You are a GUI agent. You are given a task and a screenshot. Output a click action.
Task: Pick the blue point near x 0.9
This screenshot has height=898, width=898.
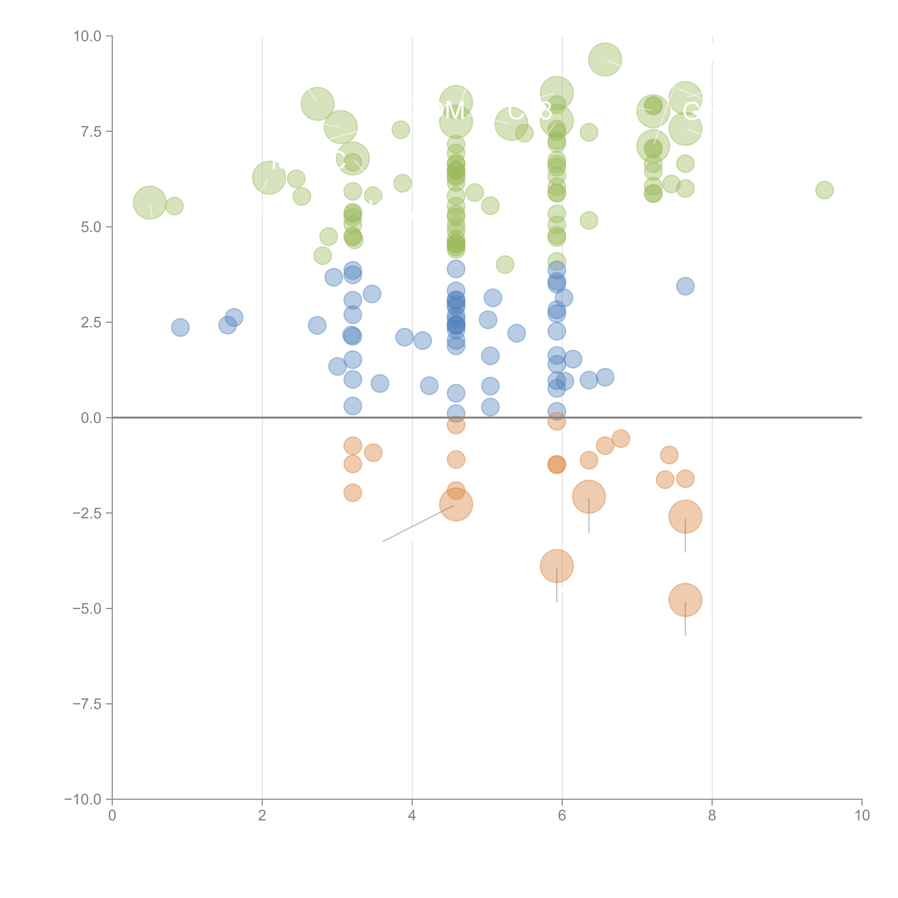180,327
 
